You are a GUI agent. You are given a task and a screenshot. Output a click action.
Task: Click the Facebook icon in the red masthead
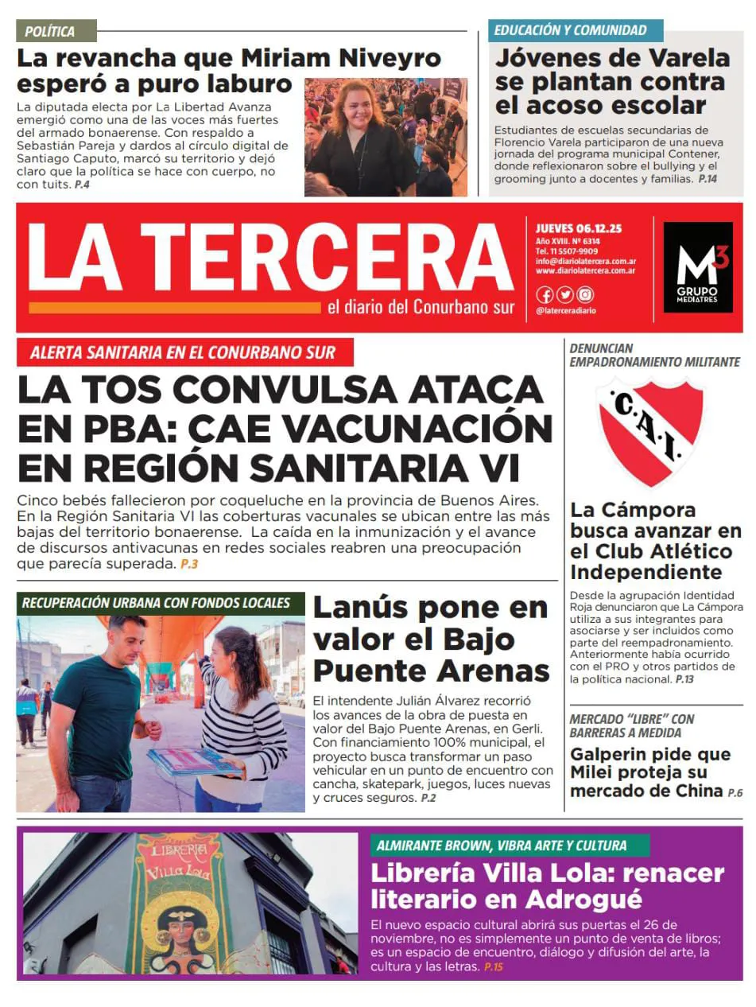point(545,294)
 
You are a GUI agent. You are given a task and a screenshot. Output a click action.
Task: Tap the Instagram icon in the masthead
point(585,294)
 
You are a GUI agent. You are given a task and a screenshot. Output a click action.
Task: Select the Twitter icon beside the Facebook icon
point(564,294)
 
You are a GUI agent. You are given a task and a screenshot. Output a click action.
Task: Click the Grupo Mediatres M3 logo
point(697,266)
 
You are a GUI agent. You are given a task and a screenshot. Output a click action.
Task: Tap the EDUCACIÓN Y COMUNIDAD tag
point(570,30)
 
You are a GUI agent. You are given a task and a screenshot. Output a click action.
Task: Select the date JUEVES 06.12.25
point(579,229)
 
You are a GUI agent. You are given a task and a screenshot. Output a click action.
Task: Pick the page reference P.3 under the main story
point(188,564)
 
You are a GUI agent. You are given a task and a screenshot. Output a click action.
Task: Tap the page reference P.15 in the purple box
point(493,966)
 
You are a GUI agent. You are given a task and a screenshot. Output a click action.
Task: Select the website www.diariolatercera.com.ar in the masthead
point(585,271)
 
